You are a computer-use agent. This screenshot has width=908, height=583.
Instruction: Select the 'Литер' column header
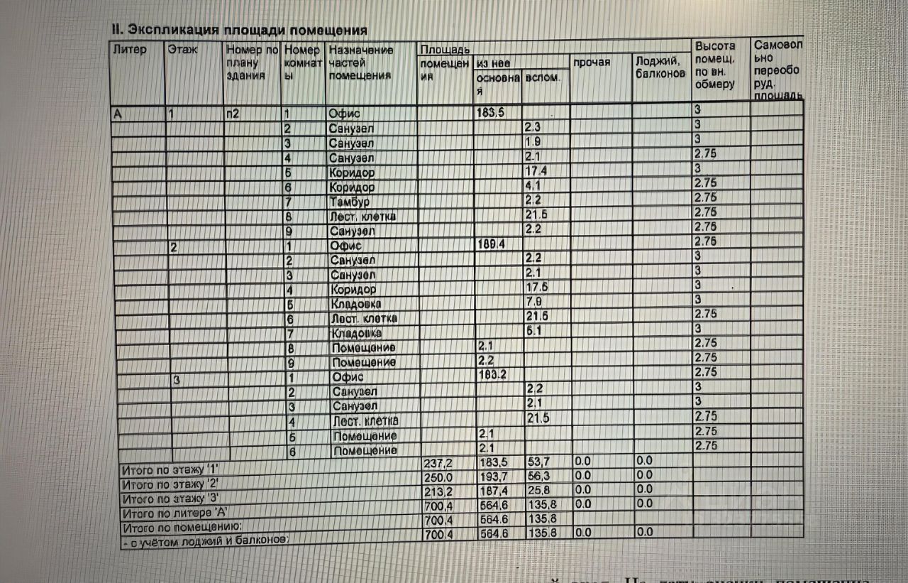click(129, 50)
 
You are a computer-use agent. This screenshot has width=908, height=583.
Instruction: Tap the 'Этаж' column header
click(183, 50)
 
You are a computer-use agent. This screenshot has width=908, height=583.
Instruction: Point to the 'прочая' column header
click(592, 62)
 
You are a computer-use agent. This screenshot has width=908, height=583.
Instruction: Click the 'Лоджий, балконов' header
click(660, 67)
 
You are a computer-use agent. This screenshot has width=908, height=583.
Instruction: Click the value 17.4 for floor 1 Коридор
click(535, 171)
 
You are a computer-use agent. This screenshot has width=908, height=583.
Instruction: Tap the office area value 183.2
click(492, 374)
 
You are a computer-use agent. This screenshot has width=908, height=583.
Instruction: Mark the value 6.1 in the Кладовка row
click(534, 332)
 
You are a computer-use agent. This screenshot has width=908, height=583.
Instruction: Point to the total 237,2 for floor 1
click(438, 462)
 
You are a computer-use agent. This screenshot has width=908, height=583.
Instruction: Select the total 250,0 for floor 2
click(438, 476)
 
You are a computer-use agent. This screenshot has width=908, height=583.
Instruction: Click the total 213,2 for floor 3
click(438, 491)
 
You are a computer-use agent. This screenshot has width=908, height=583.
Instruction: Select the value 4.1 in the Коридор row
click(533, 187)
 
